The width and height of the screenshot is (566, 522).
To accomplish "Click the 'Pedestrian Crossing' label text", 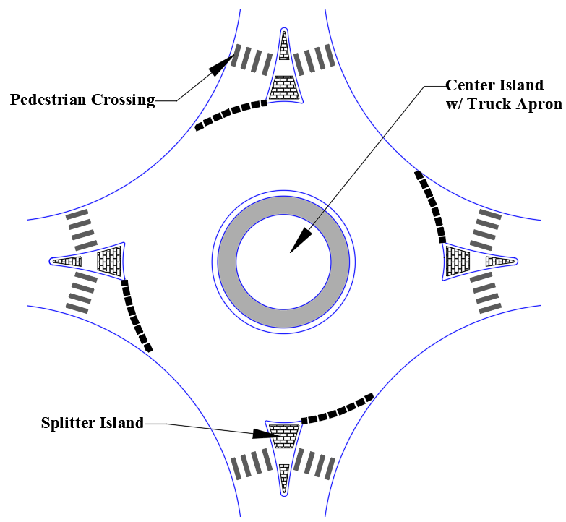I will [x=82, y=100].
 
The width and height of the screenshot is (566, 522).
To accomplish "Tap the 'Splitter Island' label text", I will [x=93, y=423].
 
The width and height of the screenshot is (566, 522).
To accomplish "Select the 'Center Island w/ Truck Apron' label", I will [x=503, y=95].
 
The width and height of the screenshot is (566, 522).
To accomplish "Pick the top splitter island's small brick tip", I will [x=284, y=46].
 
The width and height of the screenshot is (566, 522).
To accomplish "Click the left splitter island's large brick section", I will [x=109, y=260].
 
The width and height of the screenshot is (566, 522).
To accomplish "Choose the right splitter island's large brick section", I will [x=458, y=260].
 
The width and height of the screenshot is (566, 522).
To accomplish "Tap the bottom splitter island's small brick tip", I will [x=284, y=476].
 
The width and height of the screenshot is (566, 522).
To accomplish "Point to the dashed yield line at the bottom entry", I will [x=337, y=409].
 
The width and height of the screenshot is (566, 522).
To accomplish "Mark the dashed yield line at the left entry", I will [x=135, y=315].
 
